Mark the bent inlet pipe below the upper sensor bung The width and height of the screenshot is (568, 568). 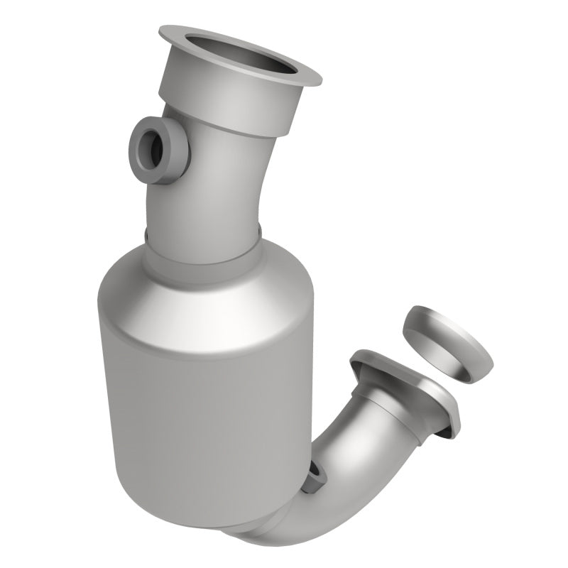[x=206, y=192]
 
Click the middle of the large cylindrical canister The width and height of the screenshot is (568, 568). [x=206, y=398]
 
